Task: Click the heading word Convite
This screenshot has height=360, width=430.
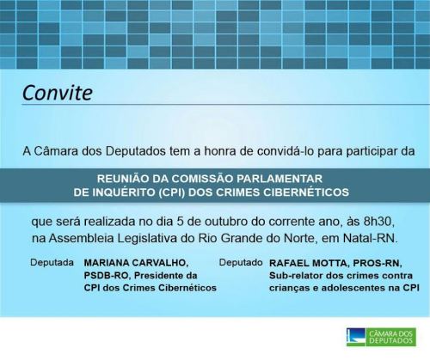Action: click(58, 93)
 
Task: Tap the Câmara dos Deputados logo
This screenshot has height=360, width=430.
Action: click(381, 337)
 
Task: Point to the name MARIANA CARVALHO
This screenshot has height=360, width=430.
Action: click(136, 263)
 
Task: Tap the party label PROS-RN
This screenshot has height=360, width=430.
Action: click(377, 263)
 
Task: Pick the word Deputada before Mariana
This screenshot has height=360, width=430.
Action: click(52, 262)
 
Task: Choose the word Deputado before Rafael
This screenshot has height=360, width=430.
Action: click(241, 262)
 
